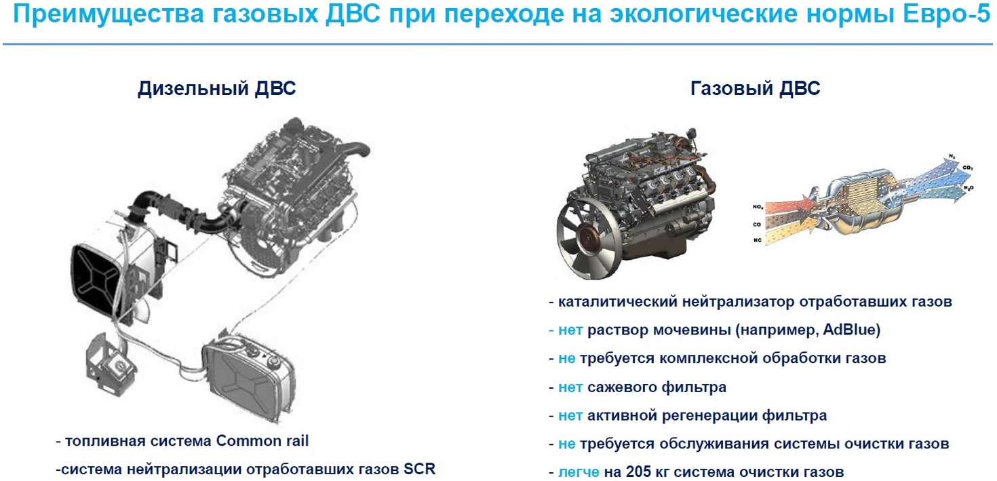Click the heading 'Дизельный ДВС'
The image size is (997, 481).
tap(217, 88)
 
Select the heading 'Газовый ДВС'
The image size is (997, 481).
tap(756, 88)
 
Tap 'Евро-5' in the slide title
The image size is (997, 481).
tap(946, 14)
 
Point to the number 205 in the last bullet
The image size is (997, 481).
tap(639, 472)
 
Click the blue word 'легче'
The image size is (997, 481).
tap(579, 472)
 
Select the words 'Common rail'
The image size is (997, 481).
tap(262, 441)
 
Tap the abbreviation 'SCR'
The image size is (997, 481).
tap(419, 469)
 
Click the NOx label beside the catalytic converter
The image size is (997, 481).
tap(758, 207)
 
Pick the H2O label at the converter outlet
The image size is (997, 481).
tap(969, 188)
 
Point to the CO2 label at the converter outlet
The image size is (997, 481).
tap(968, 168)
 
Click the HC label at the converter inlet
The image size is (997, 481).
tap(758, 240)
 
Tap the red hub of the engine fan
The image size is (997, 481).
tap(591, 241)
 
